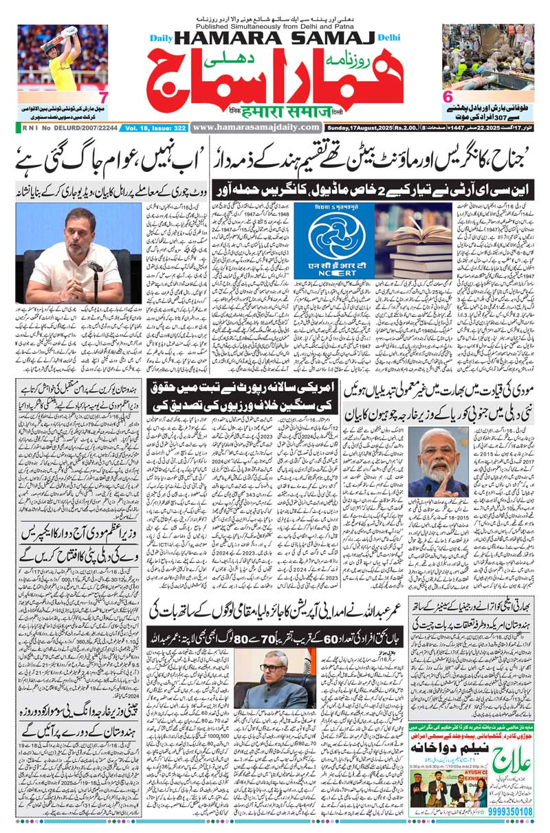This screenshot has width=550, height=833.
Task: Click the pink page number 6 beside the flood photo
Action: click(x=447, y=96)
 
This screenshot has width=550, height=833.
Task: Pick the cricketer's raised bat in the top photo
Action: click(x=69, y=32)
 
